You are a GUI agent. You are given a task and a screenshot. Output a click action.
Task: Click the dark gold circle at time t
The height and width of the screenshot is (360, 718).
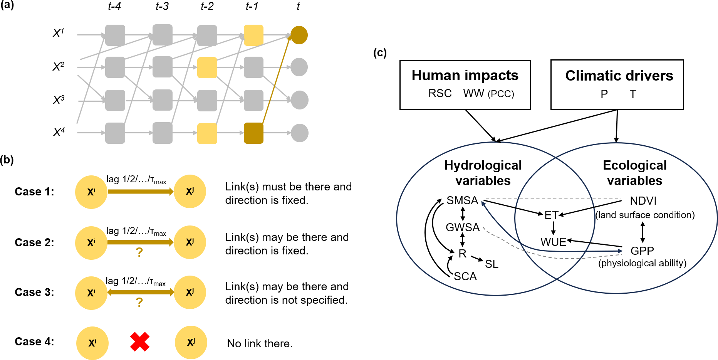pos(299,35)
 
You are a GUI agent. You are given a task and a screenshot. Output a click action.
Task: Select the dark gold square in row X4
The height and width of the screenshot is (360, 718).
pos(253,133)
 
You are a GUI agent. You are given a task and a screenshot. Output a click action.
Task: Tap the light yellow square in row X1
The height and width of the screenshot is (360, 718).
pos(253,35)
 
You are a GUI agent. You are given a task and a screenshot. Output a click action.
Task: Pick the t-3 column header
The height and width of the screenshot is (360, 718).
pos(162,7)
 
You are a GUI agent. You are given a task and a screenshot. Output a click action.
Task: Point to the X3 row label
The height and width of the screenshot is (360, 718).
pos(59,100)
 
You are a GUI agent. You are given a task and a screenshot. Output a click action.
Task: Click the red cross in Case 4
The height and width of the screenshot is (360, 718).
pos(139,342)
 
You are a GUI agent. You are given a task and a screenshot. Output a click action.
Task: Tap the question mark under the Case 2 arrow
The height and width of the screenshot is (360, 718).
pos(139,252)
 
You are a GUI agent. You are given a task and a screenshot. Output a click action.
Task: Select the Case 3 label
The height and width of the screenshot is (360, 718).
pos(34,292)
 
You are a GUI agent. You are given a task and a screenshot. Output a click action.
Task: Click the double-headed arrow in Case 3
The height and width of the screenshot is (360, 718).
pos(141,293)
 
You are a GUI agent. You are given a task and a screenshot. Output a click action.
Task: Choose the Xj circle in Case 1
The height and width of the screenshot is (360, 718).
pos(190,192)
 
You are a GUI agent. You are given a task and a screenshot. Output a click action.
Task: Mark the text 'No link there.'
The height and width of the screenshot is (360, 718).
pos(260,343)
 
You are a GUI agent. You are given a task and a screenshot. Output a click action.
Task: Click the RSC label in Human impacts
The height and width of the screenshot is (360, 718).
pos(440,94)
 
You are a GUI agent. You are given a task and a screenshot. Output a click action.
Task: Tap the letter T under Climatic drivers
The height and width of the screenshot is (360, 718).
pos(633,94)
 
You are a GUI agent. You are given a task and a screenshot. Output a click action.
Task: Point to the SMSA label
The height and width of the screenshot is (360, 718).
pos(462,200)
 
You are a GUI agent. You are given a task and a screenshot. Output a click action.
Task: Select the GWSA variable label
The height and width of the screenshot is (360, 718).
pos(463,227)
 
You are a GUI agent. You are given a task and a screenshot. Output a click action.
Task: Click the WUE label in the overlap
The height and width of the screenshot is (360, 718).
pos(553,242)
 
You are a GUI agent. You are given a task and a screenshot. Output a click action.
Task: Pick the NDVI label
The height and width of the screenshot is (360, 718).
pos(643,201)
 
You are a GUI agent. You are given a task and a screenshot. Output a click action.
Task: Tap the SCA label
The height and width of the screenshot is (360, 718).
pos(465,276)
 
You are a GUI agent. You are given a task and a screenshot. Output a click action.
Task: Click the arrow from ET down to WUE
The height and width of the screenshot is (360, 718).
pos(553,228)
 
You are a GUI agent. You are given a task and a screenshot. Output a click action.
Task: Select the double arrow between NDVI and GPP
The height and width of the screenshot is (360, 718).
pos(643,232)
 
